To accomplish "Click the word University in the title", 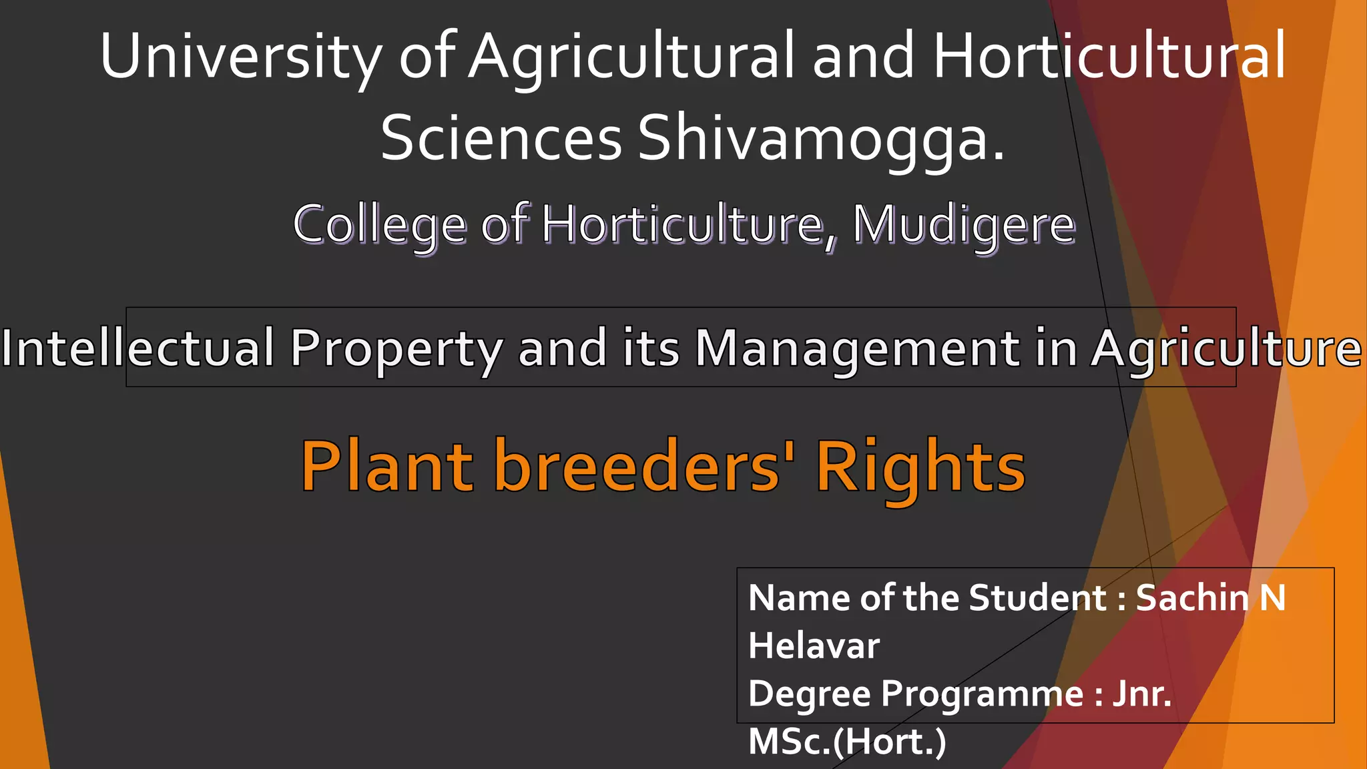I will (x=241, y=57).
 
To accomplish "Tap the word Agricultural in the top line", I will (x=631, y=57).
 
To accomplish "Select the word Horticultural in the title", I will (x=1109, y=57).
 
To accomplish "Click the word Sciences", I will (x=501, y=139).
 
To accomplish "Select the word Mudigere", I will (x=964, y=226).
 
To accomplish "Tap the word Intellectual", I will (x=138, y=348).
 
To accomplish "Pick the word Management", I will (x=856, y=349).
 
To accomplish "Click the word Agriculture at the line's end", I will (x=1226, y=349).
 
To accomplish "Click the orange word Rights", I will (x=920, y=467).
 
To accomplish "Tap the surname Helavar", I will (x=814, y=646).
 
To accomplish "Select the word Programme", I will (x=982, y=694).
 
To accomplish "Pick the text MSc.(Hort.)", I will (x=847, y=742).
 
